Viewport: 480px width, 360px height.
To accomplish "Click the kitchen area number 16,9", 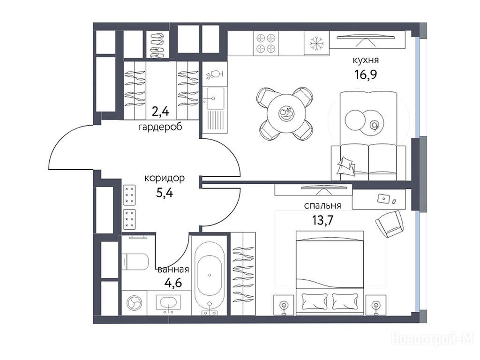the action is (366, 75).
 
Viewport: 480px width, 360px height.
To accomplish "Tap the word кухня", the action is (366, 60).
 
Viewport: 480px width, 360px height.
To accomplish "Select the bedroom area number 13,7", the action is (322, 220).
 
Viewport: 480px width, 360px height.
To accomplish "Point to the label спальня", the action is (322, 205).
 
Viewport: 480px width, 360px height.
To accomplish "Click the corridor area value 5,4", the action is (165, 193).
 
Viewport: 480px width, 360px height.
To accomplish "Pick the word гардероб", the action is (160, 127).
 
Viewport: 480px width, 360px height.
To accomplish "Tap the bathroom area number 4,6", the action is (173, 283).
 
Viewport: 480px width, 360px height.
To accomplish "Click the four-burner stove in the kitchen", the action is (266, 44).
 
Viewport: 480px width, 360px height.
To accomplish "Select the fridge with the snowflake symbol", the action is (316, 44).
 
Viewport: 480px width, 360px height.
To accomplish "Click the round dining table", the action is (286, 113).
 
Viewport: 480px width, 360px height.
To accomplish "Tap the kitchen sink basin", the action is (215, 98).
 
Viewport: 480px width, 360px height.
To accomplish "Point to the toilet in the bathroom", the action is (135, 262).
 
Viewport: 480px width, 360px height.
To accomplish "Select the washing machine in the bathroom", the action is (134, 303).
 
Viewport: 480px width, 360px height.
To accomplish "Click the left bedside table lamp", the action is (284, 306).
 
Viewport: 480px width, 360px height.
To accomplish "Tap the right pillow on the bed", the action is (345, 301).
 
